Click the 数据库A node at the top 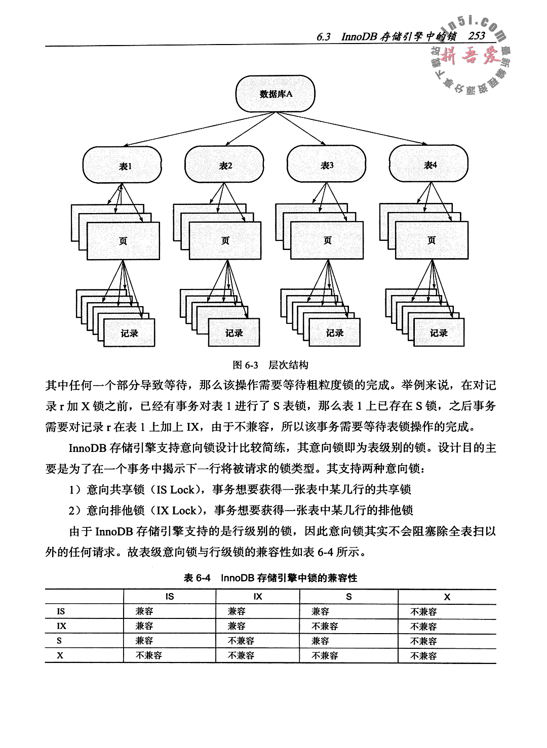click(x=276, y=94)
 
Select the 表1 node click(x=124, y=165)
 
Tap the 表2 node click(x=225, y=165)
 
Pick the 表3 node click(x=327, y=165)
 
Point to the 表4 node click(x=429, y=165)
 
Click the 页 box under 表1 click(x=123, y=241)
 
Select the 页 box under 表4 click(x=431, y=241)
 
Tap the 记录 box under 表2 click(x=234, y=333)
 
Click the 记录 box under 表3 click(x=335, y=333)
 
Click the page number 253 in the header click(x=477, y=36)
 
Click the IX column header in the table click(x=258, y=597)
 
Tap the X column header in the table click(x=447, y=597)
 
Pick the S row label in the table click(x=60, y=641)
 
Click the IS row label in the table click(x=60, y=611)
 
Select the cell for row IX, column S click(x=325, y=626)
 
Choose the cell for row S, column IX click(x=241, y=641)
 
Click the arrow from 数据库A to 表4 click(x=365, y=131)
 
